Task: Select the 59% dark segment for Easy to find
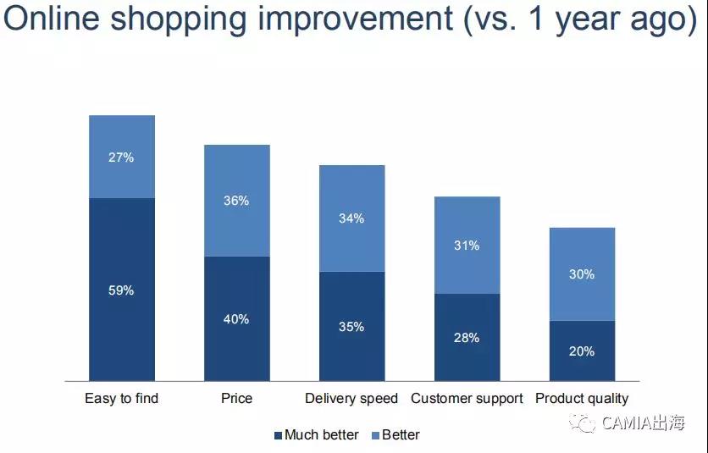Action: coord(122,290)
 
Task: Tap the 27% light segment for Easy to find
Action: coord(122,157)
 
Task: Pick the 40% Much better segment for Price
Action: coord(237,318)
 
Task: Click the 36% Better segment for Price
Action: coord(237,201)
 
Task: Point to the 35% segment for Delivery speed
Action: coord(352,326)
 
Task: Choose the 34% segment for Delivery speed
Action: coord(352,218)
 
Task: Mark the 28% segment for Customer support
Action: coord(467,337)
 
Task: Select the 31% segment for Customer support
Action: coord(467,246)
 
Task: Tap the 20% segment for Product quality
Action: coord(583,351)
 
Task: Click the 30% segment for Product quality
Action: coord(583,274)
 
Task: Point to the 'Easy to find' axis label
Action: coord(122,398)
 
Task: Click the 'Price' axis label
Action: coord(237,398)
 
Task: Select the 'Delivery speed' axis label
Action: coord(352,398)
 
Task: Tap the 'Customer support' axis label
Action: coord(467,398)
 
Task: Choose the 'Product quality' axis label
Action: coord(583,398)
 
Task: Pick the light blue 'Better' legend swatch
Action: coord(377,435)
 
